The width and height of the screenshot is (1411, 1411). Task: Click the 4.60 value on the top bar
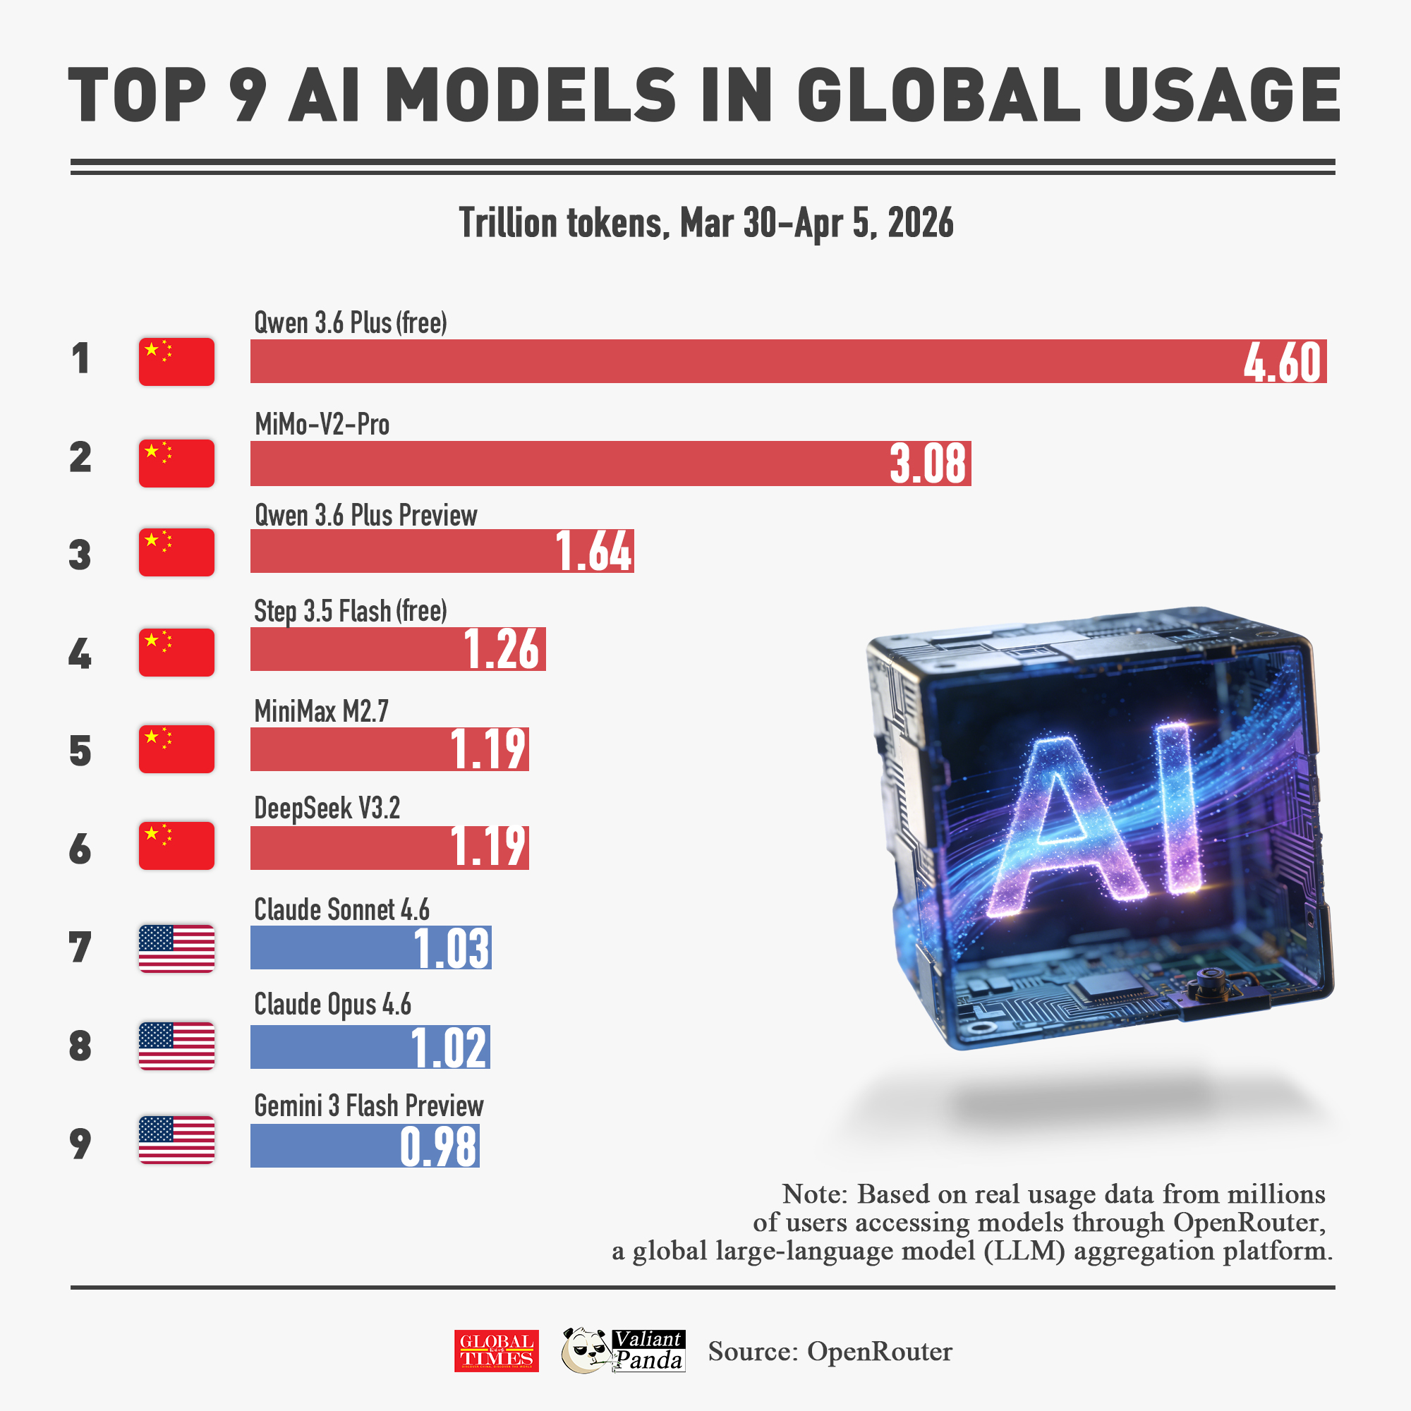point(1283,362)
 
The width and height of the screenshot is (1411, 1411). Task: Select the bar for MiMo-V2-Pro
point(569,463)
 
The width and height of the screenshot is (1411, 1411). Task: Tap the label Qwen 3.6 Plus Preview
point(365,516)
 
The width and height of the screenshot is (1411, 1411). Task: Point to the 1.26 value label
point(502,649)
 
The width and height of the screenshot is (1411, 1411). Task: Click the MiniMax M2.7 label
point(321,711)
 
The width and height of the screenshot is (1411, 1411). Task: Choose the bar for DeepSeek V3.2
point(351,847)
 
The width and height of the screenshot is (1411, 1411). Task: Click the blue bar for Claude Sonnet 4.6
point(329,948)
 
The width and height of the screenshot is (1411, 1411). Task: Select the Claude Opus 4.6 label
point(332,1005)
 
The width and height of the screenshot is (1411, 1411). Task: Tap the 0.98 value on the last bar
point(438,1146)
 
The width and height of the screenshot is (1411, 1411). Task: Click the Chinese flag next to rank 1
point(176,361)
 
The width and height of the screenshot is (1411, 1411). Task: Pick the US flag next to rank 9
point(176,1139)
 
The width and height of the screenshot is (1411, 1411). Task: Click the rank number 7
point(80,947)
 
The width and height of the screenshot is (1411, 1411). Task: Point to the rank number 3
point(80,555)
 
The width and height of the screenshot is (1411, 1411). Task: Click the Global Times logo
point(496,1350)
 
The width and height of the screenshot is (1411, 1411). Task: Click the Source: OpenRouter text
point(830,1351)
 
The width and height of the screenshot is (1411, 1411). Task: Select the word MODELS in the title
point(531,95)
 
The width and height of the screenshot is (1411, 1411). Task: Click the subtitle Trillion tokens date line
point(705,223)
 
